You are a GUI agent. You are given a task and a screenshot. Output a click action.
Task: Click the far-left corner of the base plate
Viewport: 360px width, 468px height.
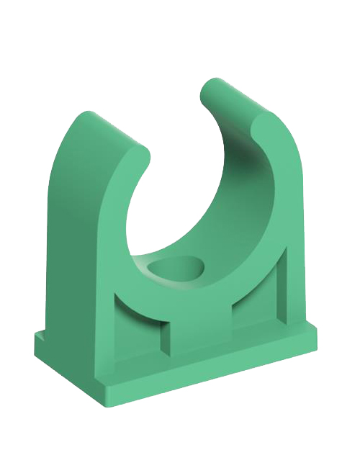pyautogui.click(x=36, y=337)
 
